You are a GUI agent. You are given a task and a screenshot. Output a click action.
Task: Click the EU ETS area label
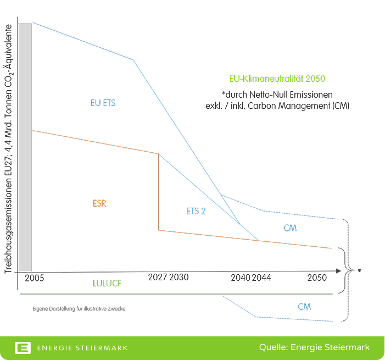103,103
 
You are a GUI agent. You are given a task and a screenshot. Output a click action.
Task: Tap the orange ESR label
99,203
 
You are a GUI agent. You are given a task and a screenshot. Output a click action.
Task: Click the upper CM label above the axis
290,228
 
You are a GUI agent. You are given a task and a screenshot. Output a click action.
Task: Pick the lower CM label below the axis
304,307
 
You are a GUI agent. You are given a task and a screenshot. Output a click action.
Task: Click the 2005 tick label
34,279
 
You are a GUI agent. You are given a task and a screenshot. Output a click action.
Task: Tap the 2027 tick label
157,277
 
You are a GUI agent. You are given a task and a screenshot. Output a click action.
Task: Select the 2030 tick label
178,277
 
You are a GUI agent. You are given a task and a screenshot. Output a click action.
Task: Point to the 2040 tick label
241,278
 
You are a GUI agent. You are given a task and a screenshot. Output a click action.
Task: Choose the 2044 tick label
261,278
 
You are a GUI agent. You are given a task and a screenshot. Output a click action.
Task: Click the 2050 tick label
317,278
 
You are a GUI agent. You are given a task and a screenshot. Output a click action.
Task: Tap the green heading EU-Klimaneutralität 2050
273,79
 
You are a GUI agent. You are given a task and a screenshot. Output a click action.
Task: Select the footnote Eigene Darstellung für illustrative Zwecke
80,309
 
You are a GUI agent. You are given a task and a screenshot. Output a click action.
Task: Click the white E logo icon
23,348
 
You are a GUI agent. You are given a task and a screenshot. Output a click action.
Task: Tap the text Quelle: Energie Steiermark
314,347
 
